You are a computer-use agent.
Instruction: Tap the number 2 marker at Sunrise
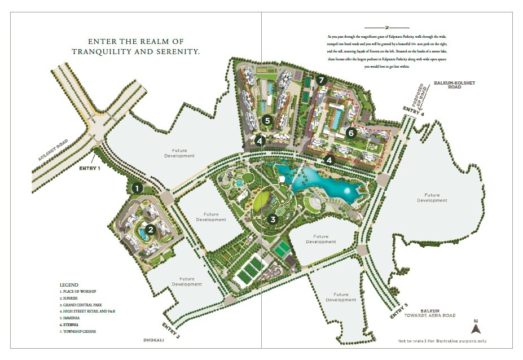click(x=151, y=230)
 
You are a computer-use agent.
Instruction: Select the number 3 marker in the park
click(x=273, y=219)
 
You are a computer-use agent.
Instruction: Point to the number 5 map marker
click(x=267, y=120)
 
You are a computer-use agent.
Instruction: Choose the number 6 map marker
click(x=351, y=133)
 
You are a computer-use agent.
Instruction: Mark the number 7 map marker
click(x=321, y=80)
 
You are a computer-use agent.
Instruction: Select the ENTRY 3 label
click(x=398, y=311)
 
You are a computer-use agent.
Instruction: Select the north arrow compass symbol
click(x=476, y=326)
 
